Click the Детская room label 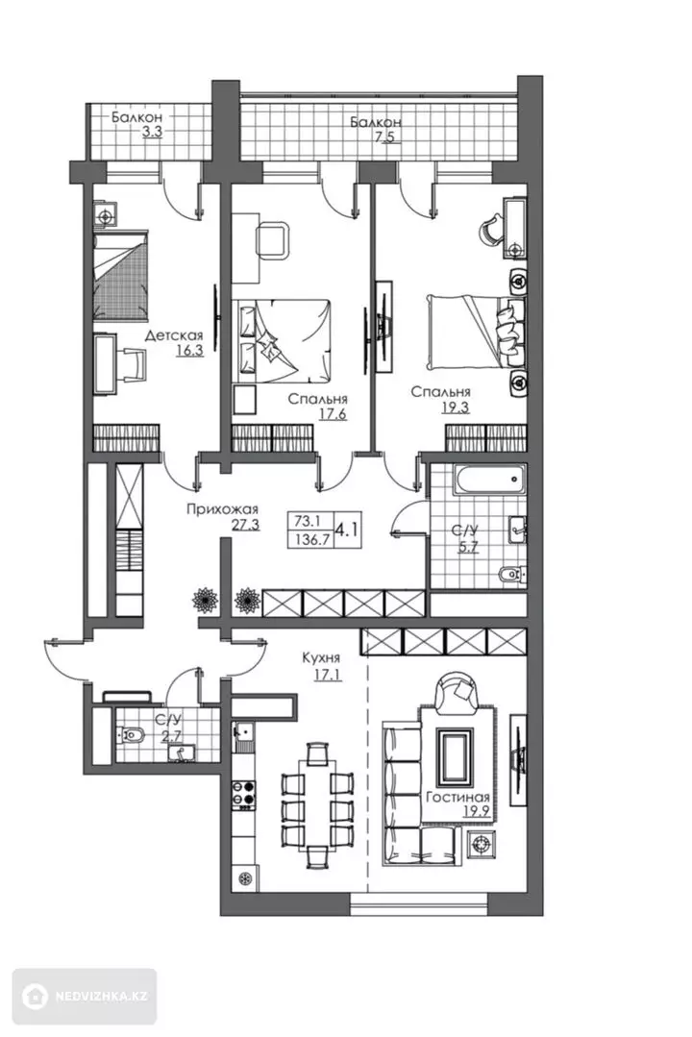pyautogui.click(x=174, y=336)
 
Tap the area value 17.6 pyautogui.click(x=333, y=414)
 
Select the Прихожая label pyautogui.click(x=222, y=509)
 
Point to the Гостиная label pyautogui.click(x=457, y=797)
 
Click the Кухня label pyautogui.click(x=321, y=657)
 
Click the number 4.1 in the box pyautogui.click(x=348, y=530)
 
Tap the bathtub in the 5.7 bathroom pyautogui.click(x=489, y=480)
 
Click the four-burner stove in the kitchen pyautogui.click(x=243, y=792)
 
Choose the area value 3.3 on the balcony pyautogui.click(x=152, y=132)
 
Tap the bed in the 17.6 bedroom pyautogui.click(x=284, y=340)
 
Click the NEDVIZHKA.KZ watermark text pyautogui.click(x=101, y=997)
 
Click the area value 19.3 pyautogui.click(x=456, y=407)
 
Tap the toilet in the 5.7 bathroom pyautogui.click(x=512, y=575)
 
